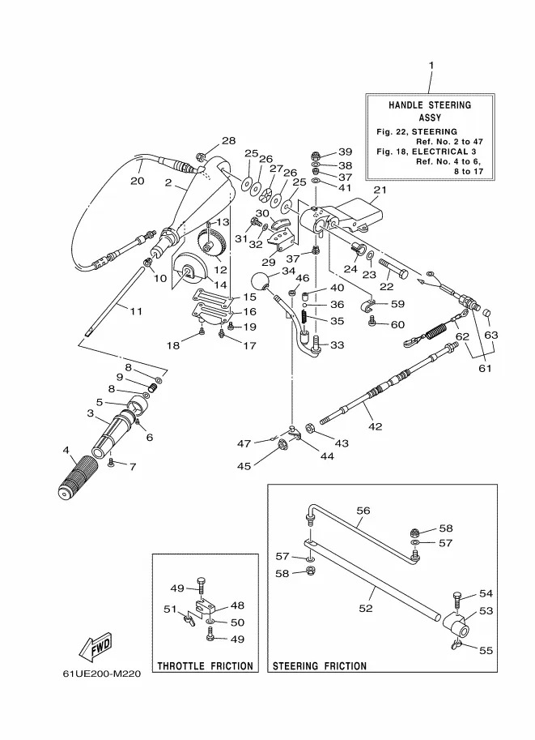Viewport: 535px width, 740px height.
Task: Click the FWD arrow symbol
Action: pos(96,647)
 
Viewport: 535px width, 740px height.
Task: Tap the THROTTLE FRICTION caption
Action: pos(205,666)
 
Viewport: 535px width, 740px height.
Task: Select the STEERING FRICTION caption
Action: pos(320,666)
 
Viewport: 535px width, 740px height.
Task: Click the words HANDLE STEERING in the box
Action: pos(430,105)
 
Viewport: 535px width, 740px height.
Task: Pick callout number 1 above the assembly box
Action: pos(431,66)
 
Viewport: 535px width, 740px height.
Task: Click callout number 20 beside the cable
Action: pos(137,181)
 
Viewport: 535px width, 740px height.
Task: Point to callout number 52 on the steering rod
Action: pos(366,608)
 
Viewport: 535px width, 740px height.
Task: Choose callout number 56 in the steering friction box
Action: pos(363,511)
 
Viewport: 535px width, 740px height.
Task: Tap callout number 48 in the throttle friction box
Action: pos(237,605)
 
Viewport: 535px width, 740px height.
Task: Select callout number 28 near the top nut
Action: pos(229,140)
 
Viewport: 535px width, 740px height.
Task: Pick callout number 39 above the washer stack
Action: pos(346,152)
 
